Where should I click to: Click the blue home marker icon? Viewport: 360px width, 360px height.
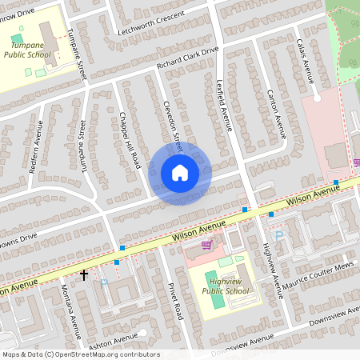point(180,173)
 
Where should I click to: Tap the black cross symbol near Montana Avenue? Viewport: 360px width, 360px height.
point(84,275)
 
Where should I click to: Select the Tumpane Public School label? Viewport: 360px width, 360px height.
point(29,51)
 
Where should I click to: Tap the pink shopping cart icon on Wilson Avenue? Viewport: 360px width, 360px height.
point(207,246)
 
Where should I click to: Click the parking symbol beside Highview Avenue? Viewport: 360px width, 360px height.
point(278,235)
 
